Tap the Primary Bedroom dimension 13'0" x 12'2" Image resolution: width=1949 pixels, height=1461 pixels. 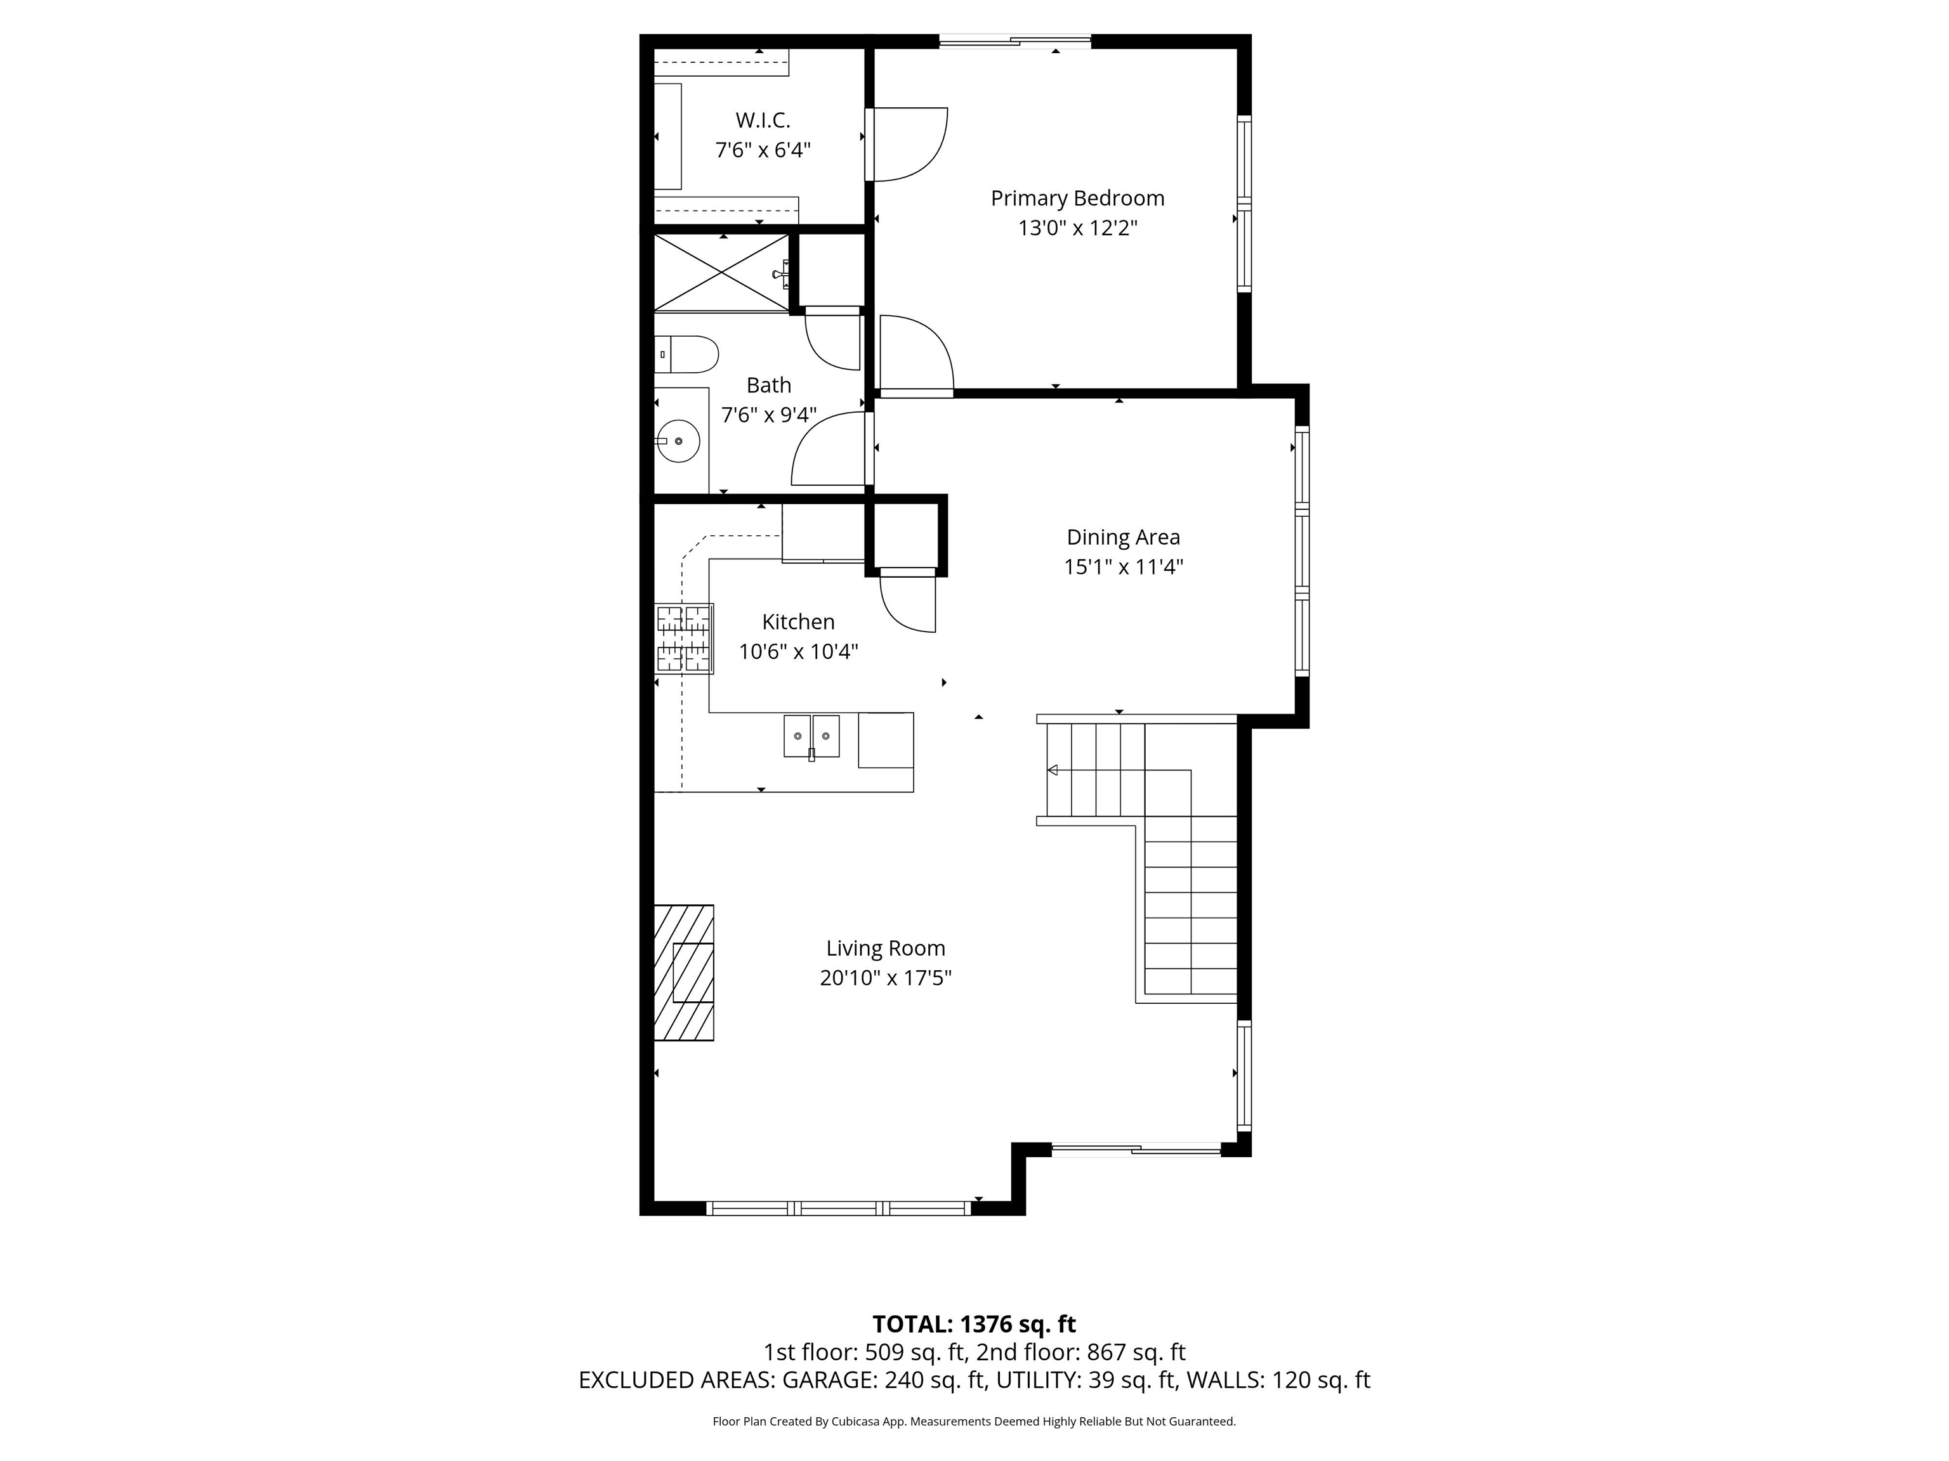pyautogui.click(x=1077, y=228)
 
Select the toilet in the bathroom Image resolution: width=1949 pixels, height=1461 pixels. pyautogui.click(x=687, y=354)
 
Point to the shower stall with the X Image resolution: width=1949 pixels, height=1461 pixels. pyautogui.click(x=721, y=273)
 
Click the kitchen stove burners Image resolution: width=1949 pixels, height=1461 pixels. pyautogui.click(x=684, y=639)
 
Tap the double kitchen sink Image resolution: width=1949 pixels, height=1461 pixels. pyautogui.click(x=811, y=736)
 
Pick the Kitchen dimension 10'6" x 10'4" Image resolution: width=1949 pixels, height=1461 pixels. pyautogui.click(x=798, y=652)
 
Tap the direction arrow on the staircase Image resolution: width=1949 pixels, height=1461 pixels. pyautogui.click(x=1052, y=770)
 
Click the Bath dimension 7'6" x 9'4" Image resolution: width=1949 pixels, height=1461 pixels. pyautogui.click(x=768, y=414)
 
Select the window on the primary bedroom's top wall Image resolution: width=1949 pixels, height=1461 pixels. pyautogui.click(x=1015, y=41)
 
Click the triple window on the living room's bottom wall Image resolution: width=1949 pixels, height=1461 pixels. pyautogui.click(x=838, y=1208)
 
